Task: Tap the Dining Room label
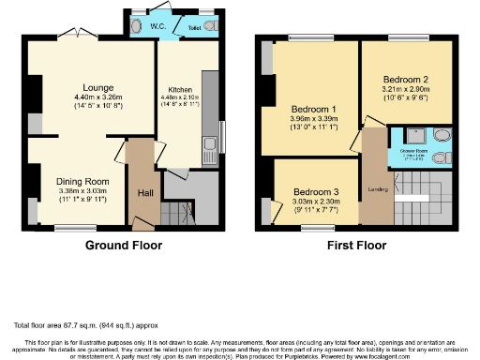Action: [83, 181]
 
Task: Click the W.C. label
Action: [157, 28]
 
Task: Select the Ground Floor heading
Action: [124, 246]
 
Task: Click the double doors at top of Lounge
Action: [79, 35]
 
